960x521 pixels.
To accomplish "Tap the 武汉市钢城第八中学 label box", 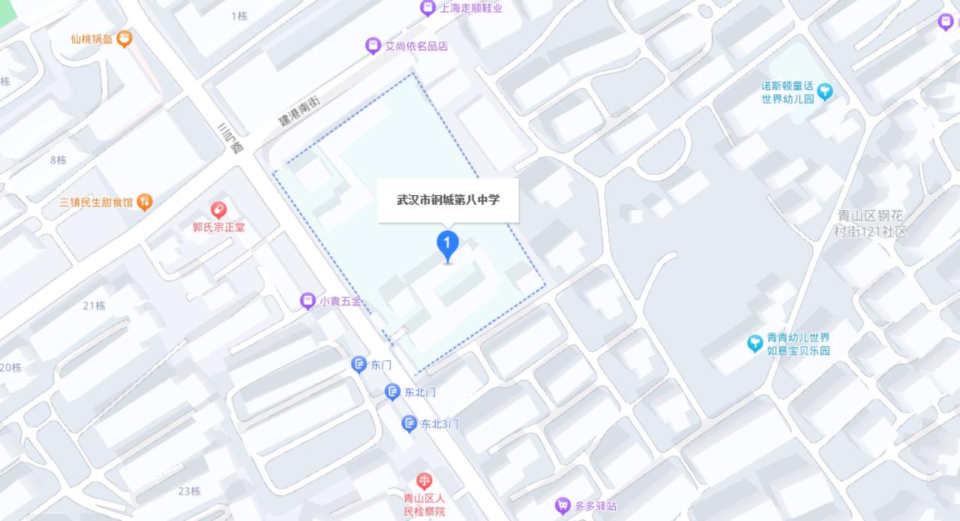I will coord(448,200).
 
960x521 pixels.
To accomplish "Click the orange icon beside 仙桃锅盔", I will coord(125,38).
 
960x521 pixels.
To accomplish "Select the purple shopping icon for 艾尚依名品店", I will coord(373,46).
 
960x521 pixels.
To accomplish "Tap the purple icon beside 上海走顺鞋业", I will coord(427,8).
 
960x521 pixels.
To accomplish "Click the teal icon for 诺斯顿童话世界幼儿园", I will coord(825,92).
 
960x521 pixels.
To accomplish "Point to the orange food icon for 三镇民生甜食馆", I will coord(145,201).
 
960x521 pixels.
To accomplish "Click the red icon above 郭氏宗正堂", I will coord(218,209).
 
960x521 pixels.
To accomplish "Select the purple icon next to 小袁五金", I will coord(307,301).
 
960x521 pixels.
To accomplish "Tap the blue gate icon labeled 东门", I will coord(359,365).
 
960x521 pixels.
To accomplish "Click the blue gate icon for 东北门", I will coord(392,392).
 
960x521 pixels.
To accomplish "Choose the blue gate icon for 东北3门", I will coord(409,424).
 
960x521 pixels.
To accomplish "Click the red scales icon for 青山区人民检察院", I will coord(424,480).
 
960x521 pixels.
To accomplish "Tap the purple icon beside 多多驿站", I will coord(562,506).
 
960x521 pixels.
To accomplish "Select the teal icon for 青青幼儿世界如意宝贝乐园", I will coord(754,344).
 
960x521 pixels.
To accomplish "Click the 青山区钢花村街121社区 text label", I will coord(871,223).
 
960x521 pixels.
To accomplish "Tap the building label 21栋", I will coord(94,306).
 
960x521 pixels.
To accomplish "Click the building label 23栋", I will coord(189,491).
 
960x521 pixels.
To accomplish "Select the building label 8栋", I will coord(58,160).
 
